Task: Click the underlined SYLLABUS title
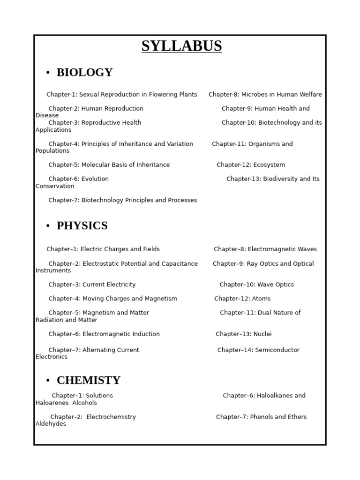pyautogui.click(x=182, y=46)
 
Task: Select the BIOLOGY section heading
pyautogui.click(x=84, y=73)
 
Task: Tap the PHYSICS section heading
pyautogui.click(x=82, y=226)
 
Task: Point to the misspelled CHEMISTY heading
pyautogui.click(x=89, y=381)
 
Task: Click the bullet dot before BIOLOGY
pyautogui.click(x=48, y=73)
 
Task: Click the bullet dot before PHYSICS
pyautogui.click(x=48, y=226)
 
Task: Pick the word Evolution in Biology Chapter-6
pyautogui.click(x=95, y=179)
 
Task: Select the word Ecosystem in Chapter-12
pyautogui.click(x=269, y=165)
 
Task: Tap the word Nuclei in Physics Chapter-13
pyautogui.click(x=262, y=334)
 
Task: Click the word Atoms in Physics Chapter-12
pyautogui.click(x=261, y=299)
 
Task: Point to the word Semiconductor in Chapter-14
pyautogui.click(x=277, y=350)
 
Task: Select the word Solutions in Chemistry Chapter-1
pyautogui.click(x=98, y=396)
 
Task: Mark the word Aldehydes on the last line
pyautogui.click(x=51, y=424)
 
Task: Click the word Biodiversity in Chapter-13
pyautogui.click(x=281, y=179)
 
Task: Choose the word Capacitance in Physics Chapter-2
pyautogui.click(x=179, y=264)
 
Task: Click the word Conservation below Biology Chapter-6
pyautogui.click(x=55, y=187)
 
